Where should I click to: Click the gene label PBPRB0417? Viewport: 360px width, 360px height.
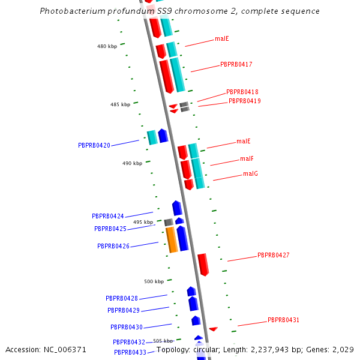[236, 64]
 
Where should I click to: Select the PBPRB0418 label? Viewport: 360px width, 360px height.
[242, 92]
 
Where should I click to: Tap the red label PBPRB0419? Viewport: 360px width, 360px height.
[244, 101]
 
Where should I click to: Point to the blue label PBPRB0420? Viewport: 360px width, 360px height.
[94, 145]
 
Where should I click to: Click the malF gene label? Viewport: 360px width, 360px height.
[247, 158]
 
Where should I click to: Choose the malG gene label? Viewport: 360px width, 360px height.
[250, 173]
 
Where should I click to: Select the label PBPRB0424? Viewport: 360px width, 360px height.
[108, 216]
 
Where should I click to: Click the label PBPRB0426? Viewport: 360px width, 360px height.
[113, 246]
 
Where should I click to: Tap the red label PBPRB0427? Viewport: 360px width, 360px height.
[274, 255]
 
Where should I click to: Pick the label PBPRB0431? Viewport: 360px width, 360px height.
[283, 320]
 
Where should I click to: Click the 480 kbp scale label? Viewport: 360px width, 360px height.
[107, 46]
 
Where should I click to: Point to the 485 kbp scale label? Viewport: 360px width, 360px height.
[120, 104]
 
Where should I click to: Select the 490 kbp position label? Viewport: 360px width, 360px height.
[132, 163]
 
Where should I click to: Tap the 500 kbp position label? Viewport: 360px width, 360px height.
[154, 281]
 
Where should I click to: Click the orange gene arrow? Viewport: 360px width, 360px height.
[171, 239]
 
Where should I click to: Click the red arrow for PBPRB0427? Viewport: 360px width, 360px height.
[203, 264]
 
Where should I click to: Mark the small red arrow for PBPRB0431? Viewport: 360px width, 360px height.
[213, 329]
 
